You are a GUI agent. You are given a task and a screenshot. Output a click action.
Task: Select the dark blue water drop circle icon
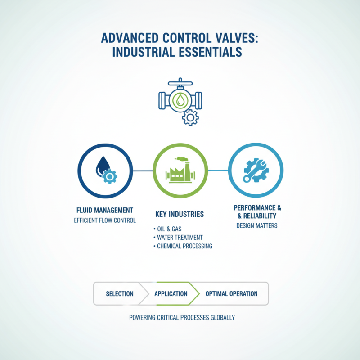click(x=105, y=171)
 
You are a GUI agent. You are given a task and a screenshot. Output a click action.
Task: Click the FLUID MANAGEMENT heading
click(x=105, y=210)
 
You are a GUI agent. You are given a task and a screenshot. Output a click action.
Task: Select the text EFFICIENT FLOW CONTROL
click(x=105, y=220)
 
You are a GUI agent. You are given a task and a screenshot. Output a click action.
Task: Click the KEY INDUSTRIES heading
click(x=180, y=214)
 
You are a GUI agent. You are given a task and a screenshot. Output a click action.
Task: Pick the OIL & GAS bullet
click(x=169, y=229)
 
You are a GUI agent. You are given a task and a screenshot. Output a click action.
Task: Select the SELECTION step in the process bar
click(x=120, y=294)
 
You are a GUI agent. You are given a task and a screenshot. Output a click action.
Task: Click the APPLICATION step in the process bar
click(x=171, y=294)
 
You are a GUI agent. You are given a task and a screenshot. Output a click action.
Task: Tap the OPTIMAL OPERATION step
click(x=231, y=294)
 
